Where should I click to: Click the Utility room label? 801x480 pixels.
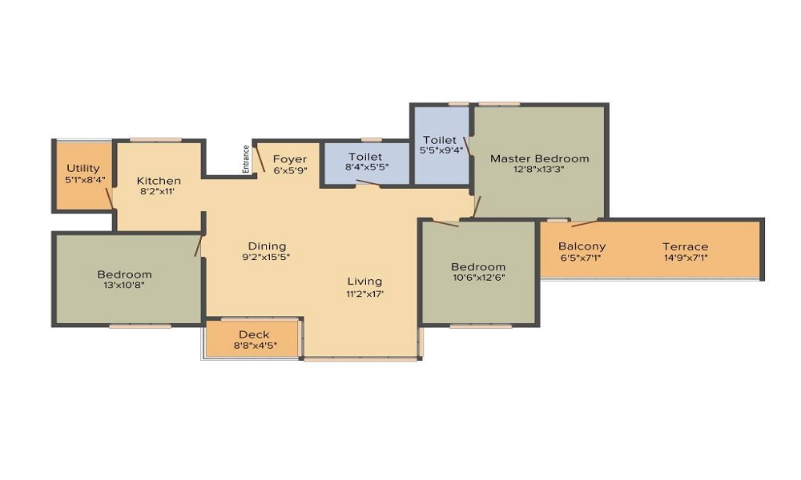83,168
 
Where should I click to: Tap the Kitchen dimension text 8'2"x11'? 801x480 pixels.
158,192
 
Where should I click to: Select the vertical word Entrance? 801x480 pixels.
246,159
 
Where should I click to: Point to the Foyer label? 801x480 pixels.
290,159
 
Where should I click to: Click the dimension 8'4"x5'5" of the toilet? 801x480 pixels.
367,167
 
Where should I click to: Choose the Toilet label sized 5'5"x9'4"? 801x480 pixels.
439,140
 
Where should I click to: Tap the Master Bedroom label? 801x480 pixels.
539,158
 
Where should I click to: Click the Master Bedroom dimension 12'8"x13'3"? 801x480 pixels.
538,170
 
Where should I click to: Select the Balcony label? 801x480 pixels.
582,246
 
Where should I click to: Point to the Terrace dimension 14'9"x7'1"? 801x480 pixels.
686,258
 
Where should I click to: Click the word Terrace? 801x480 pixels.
686,247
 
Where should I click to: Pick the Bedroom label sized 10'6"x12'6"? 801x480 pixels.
478,266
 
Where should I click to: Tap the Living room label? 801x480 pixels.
364,282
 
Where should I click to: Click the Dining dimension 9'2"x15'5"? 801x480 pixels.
266,257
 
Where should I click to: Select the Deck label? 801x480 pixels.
254,334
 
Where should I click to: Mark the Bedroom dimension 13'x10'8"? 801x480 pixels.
124,285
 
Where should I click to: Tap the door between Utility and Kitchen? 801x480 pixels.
109,198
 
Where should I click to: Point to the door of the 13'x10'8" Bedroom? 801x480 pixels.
199,246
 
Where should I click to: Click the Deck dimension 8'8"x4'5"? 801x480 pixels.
256,346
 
